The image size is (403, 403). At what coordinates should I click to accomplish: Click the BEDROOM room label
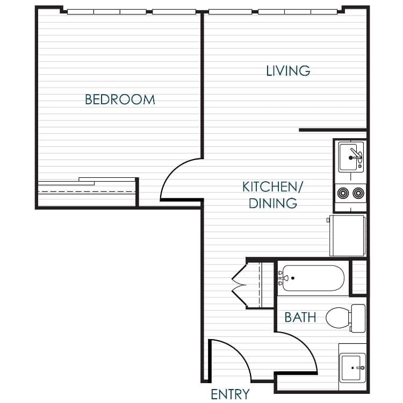pos(120,99)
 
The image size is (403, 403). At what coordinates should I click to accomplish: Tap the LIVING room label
pos(288,70)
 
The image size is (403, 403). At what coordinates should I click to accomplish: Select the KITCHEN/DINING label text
pos(273,195)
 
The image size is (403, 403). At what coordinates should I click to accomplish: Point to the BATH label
pos(300,318)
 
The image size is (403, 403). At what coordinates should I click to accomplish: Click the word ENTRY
pos(230,394)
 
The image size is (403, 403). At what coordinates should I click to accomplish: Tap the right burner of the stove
pos(358,192)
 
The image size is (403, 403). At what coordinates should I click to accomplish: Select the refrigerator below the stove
pos(348,235)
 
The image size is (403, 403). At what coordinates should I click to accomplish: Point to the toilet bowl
pos(337,318)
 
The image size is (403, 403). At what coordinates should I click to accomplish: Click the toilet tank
pos(358,318)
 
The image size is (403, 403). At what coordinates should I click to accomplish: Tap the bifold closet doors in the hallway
pos(239,285)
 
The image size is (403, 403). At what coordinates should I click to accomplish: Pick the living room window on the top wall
pos(274,11)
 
